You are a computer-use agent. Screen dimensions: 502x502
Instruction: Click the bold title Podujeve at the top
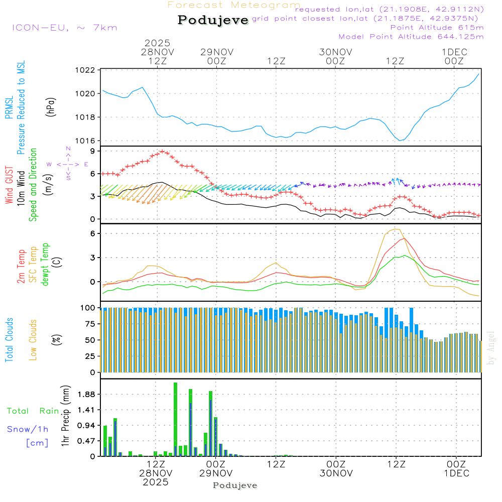[x=213, y=20]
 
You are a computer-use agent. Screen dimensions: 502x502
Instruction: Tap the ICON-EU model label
[x=64, y=28]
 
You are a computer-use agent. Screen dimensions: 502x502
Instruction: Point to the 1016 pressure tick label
[x=85, y=141]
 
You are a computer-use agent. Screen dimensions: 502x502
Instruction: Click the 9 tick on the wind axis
[x=92, y=151]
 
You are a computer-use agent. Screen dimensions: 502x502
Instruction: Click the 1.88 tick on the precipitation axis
[x=86, y=395]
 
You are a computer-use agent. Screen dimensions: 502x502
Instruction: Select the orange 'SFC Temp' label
[x=34, y=265]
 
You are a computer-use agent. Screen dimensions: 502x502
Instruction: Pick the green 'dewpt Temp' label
[x=46, y=265]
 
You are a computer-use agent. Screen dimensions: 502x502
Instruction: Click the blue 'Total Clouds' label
[x=9, y=340]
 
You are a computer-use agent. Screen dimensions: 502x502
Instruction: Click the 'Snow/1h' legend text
[x=28, y=429]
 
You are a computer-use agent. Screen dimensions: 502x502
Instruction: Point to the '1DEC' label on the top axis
[x=454, y=52]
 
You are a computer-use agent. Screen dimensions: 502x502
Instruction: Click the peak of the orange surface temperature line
[x=396, y=229]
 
